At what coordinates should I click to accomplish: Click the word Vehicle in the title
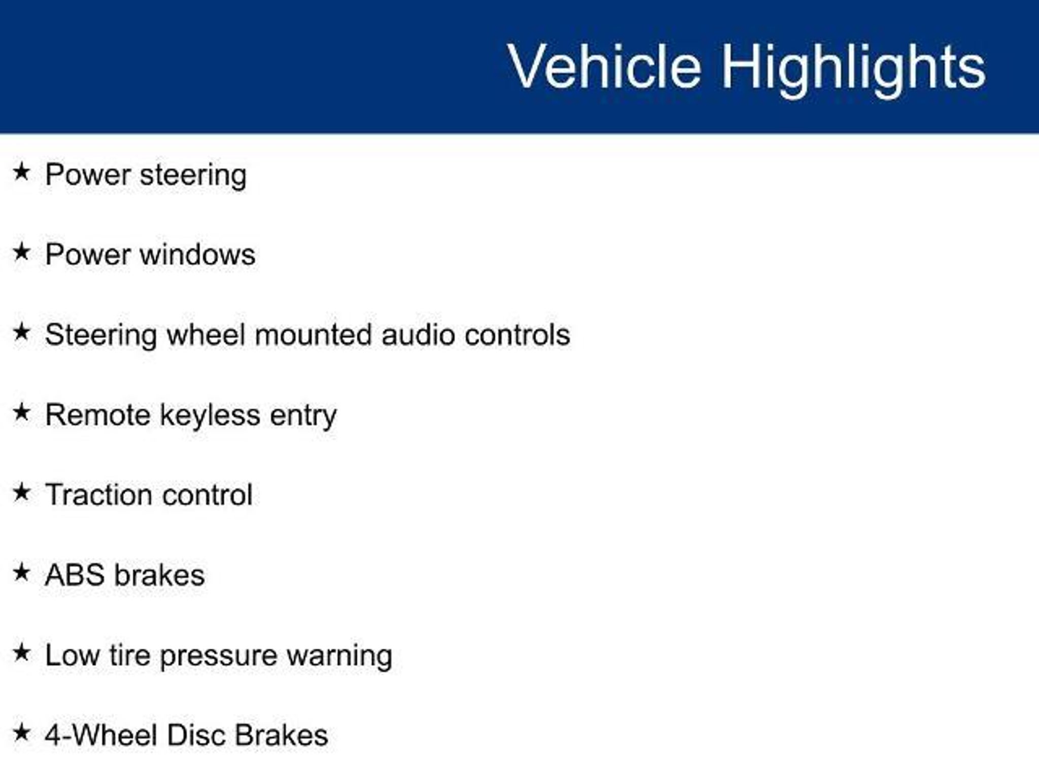point(605,66)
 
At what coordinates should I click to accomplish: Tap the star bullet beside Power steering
point(21,171)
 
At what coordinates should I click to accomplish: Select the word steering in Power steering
point(193,176)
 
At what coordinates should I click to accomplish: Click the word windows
point(197,254)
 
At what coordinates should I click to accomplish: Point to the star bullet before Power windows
point(21,252)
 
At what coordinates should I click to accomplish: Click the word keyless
point(210,416)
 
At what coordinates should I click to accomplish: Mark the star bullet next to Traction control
point(21,492)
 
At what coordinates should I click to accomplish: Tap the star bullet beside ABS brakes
point(21,573)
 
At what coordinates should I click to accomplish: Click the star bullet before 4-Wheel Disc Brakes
point(21,732)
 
